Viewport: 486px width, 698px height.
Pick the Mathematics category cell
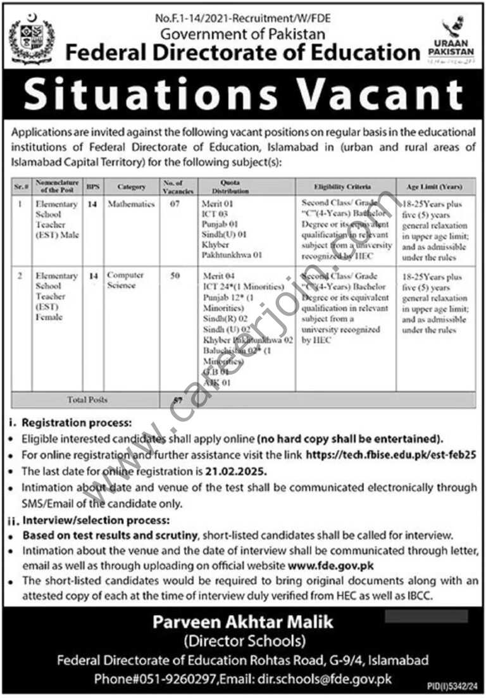131,205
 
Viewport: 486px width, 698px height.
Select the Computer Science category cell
126,280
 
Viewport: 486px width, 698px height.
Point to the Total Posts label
87,400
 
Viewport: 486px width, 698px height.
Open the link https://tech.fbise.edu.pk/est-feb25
390,454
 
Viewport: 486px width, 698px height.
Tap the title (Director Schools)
243,642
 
